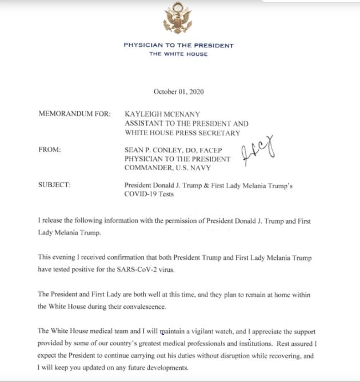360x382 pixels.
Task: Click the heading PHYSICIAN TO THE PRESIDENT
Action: [x=178, y=46]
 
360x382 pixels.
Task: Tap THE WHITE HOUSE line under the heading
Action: [x=178, y=54]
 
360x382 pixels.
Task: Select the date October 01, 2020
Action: [x=178, y=91]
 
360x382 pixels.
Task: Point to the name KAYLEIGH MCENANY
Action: [x=165, y=114]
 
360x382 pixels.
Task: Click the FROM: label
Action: [x=51, y=150]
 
